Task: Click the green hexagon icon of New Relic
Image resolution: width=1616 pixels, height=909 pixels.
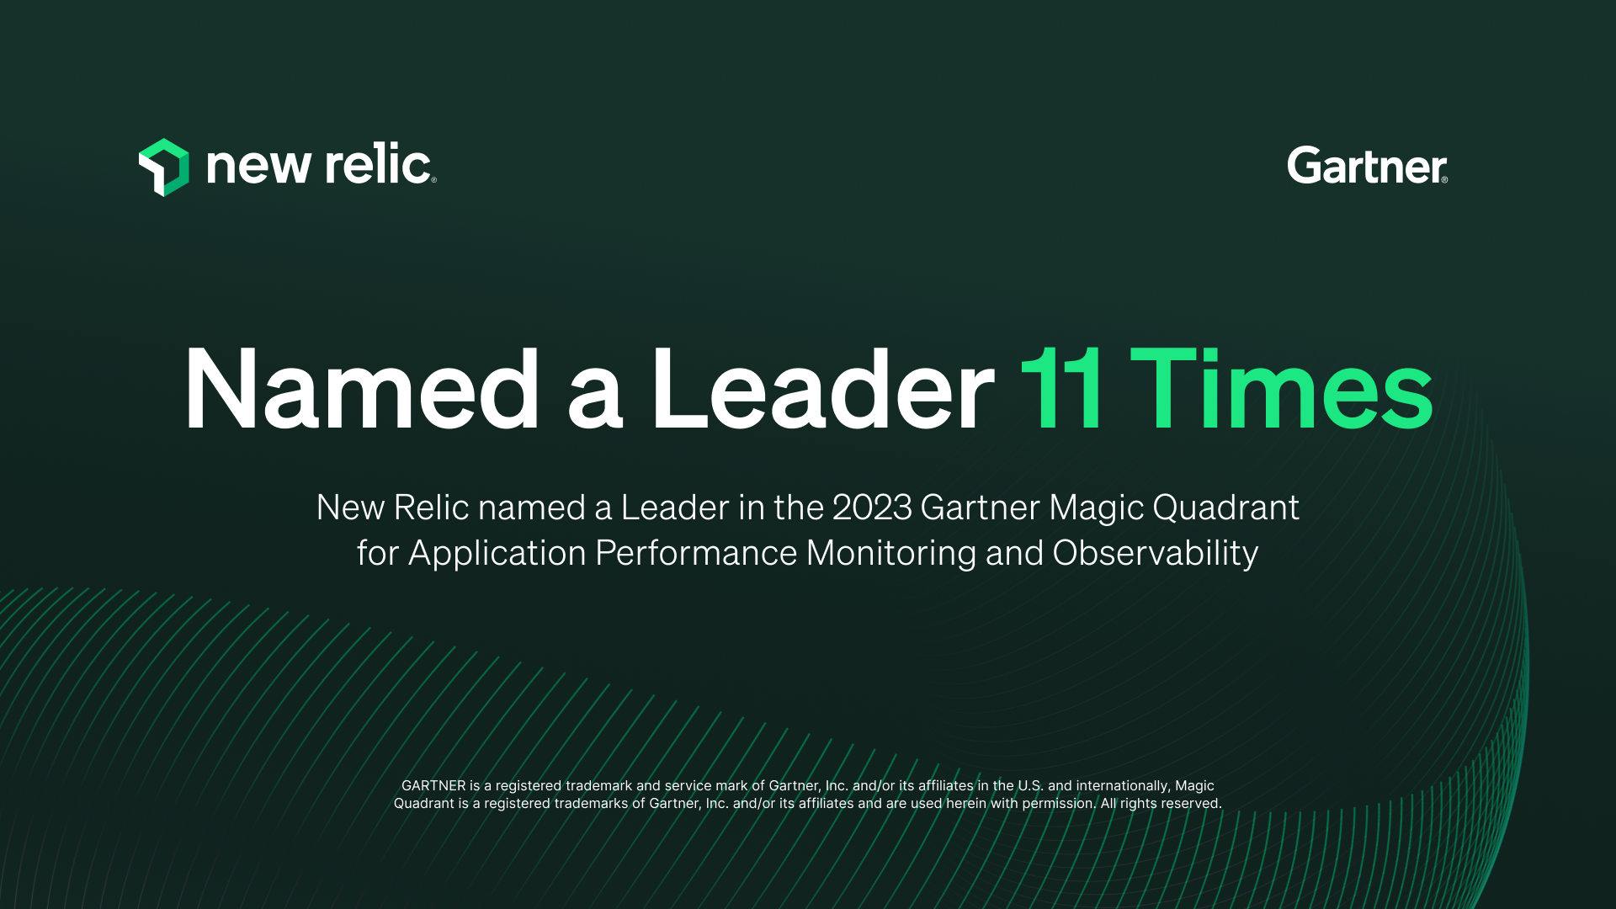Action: click(164, 167)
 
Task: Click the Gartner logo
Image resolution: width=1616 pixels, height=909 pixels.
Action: click(1367, 165)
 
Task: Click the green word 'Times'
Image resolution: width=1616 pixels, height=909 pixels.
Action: click(1281, 389)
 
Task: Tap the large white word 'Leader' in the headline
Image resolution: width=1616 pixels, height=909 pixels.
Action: click(822, 389)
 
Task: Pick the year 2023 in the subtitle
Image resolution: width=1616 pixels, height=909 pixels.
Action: click(872, 508)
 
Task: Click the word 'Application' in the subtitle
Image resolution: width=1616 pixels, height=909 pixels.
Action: click(497, 554)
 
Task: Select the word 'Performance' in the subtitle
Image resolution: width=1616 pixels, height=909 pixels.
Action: click(696, 554)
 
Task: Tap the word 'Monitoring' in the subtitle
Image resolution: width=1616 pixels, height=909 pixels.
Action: click(891, 554)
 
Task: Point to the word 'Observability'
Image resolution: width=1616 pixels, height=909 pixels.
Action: click(1156, 554)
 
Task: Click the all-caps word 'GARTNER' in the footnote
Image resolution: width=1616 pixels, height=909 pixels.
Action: click(433, 785)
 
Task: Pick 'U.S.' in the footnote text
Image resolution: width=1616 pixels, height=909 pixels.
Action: click(1030, 785)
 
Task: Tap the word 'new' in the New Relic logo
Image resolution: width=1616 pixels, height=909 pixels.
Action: click(258, 165)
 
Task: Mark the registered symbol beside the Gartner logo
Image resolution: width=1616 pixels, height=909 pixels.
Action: click(1444, 179)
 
